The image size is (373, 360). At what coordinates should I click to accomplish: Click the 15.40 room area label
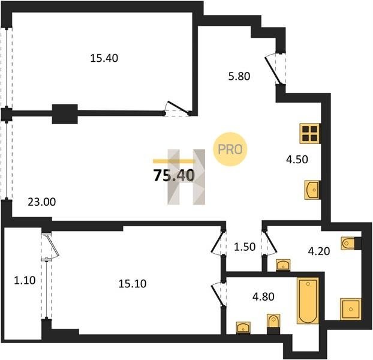pyautogui.click(x=104, y=58)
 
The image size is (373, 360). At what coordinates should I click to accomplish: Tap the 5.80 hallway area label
pyautogui.click(x=239, y=77)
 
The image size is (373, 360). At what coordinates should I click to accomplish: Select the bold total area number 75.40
pyautogui.click(x=174, y=176)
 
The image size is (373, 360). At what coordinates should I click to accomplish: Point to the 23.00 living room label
pyautogui.click(x=42, y=202)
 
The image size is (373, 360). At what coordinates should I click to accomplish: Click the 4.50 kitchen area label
pyautogui.click(x=297, y=160)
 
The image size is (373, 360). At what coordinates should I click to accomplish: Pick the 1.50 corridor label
pyautogui.click(x=245, y=247)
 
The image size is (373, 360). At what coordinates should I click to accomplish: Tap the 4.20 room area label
pyautogui.click(x=319, y=251)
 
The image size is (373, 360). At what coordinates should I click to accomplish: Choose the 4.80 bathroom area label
pyautogui.click(x=263, y=297)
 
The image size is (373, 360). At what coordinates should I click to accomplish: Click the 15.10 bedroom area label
pyautogui.click(x=133, y=284)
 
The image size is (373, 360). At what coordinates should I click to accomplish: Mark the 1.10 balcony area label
pyautogui.click(x=25, y=281)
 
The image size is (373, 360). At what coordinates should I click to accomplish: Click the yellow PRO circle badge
pyautogui.click(x=230, y=149)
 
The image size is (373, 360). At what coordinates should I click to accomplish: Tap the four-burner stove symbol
pyautogui.click(x=310, y=133)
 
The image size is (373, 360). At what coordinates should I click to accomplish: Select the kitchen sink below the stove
pyautogui.click(x=312, y=190)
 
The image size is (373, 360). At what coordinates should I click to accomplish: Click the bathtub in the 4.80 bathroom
pyautogui.click(x=308, y=301)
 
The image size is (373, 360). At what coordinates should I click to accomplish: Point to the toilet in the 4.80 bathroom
pyautogui.click(x=273, y=323)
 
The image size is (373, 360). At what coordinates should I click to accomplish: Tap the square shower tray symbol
pyautogui.click(x=351, y=309)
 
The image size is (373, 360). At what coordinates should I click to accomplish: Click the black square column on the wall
pyautogui.click(x=65, y=114)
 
